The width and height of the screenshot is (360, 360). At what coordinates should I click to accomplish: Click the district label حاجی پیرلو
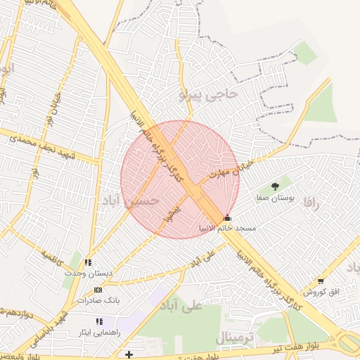click(209, 94)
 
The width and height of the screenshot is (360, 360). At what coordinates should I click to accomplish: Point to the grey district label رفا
click(311, 202)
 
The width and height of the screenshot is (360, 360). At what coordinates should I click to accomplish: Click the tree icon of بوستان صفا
click(274, 186)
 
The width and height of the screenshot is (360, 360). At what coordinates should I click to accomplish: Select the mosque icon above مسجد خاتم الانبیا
click(226, 217)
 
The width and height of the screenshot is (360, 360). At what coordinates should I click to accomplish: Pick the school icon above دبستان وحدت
click(88, 262)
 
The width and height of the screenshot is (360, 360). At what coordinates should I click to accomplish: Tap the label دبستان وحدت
click(88, 273)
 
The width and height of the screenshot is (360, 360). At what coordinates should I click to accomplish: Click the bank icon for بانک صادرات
click(98, 290)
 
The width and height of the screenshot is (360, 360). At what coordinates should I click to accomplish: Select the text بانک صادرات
click(98, 301)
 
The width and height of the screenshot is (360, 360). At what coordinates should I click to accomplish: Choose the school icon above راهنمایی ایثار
click(99, 321)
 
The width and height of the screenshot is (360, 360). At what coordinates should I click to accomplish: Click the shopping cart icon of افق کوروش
click(321, 281)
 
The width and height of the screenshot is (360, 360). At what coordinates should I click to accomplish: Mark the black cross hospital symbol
click(129, 354)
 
